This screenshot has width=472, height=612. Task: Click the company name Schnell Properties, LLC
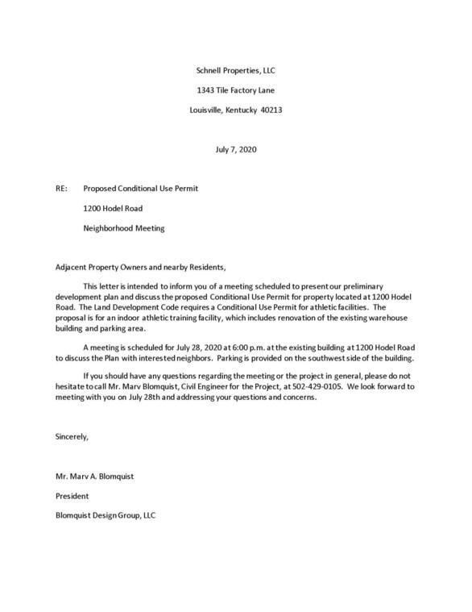(236, 71)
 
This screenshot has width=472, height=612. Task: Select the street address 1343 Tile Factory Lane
(236, 90)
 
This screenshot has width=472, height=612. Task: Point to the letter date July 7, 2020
(236, 149)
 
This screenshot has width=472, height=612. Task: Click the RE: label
(61, 189)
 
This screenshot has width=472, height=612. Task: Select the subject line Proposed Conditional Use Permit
(141, 189)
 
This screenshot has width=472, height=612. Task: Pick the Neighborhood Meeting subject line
(124, 228)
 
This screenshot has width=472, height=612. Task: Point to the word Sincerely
(72, 436)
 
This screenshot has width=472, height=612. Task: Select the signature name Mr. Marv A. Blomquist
(94, 476)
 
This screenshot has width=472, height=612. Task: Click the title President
(73, 496)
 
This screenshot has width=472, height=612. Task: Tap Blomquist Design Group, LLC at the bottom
(105, 515)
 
